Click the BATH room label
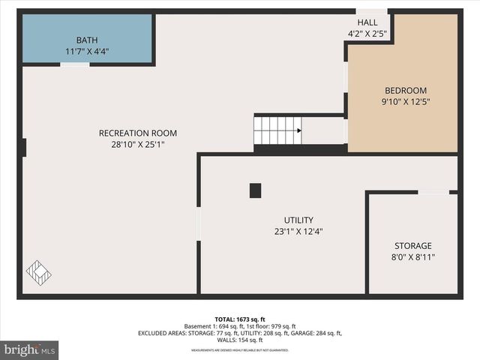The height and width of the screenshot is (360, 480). point(87,40)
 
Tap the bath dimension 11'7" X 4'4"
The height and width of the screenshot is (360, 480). point(87,52)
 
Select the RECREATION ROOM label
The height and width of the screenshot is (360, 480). point(138,133)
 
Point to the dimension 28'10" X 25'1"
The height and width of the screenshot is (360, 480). point(138,145)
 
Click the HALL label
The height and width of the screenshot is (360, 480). point(367,22)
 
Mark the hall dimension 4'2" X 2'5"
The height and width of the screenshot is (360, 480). point(367,34)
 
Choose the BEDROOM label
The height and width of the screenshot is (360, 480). point(406,90)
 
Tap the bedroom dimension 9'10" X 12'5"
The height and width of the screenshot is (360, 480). point(406,101)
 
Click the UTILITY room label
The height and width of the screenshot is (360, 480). point(298,220)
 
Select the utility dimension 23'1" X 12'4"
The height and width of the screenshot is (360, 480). point(298,232)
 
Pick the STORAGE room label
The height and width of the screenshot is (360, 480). point(413,246)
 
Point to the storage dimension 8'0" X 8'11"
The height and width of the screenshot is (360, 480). point(413,257)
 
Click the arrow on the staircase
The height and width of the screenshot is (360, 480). point(298,130)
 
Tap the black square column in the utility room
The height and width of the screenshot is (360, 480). point(255,190)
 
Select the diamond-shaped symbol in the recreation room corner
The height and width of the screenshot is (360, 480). point(39,271)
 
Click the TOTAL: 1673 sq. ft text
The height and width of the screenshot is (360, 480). point(239,318)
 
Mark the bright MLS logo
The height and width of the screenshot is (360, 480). point(30,349)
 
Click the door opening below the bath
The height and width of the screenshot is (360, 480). point(75,65)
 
